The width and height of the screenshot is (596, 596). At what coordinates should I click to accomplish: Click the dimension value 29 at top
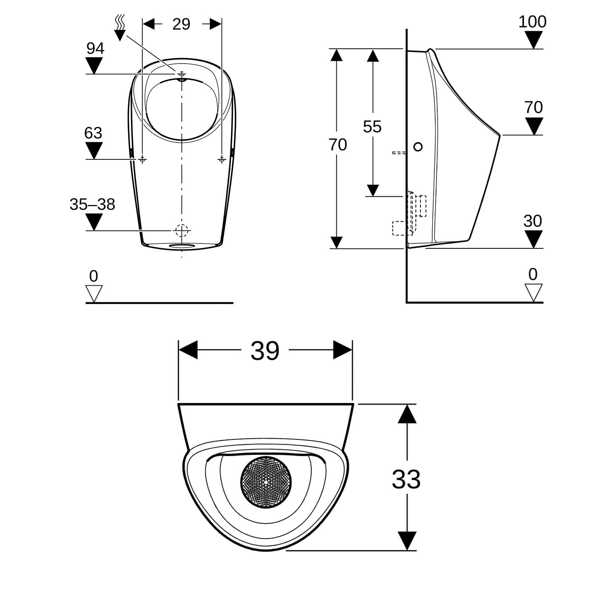pyautogui.click(x=181, y=24)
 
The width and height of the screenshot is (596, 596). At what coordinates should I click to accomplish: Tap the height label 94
pyautogui.click(x=95, y=48)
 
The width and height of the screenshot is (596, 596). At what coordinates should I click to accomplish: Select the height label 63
pyautogui.click(x=93, y=133)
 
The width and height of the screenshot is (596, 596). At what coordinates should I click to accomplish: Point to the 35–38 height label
pyautogui.click(x=92, y=205)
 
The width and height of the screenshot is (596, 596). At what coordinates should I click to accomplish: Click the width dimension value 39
pyautogui.click(x=265, y=350)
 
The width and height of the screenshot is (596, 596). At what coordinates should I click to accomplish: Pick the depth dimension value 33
pyautogui.click(x=406, y=479)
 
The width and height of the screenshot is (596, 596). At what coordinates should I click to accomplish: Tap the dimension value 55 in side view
pyautogui.click(x=372, y=127)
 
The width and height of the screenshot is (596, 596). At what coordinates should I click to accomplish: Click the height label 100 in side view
pyautogui.click(x=532, y=21)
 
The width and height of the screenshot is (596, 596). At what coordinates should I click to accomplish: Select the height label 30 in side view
pyautogui.click(x=532, y=221)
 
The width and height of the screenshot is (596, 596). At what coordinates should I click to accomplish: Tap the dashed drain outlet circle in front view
pyautogui.click(x=182, y=230)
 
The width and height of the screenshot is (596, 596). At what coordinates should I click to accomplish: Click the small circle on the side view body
pyautogui.click(x=418, y=147)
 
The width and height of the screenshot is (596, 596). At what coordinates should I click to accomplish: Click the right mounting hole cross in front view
pyautogui.click(x=222, y=159)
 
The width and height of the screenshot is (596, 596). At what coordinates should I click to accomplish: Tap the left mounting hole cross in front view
pyautogui.click(x=142, y=159)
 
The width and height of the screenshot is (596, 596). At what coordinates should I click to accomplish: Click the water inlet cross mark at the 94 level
pyautogui.click(x=182, y=74)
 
